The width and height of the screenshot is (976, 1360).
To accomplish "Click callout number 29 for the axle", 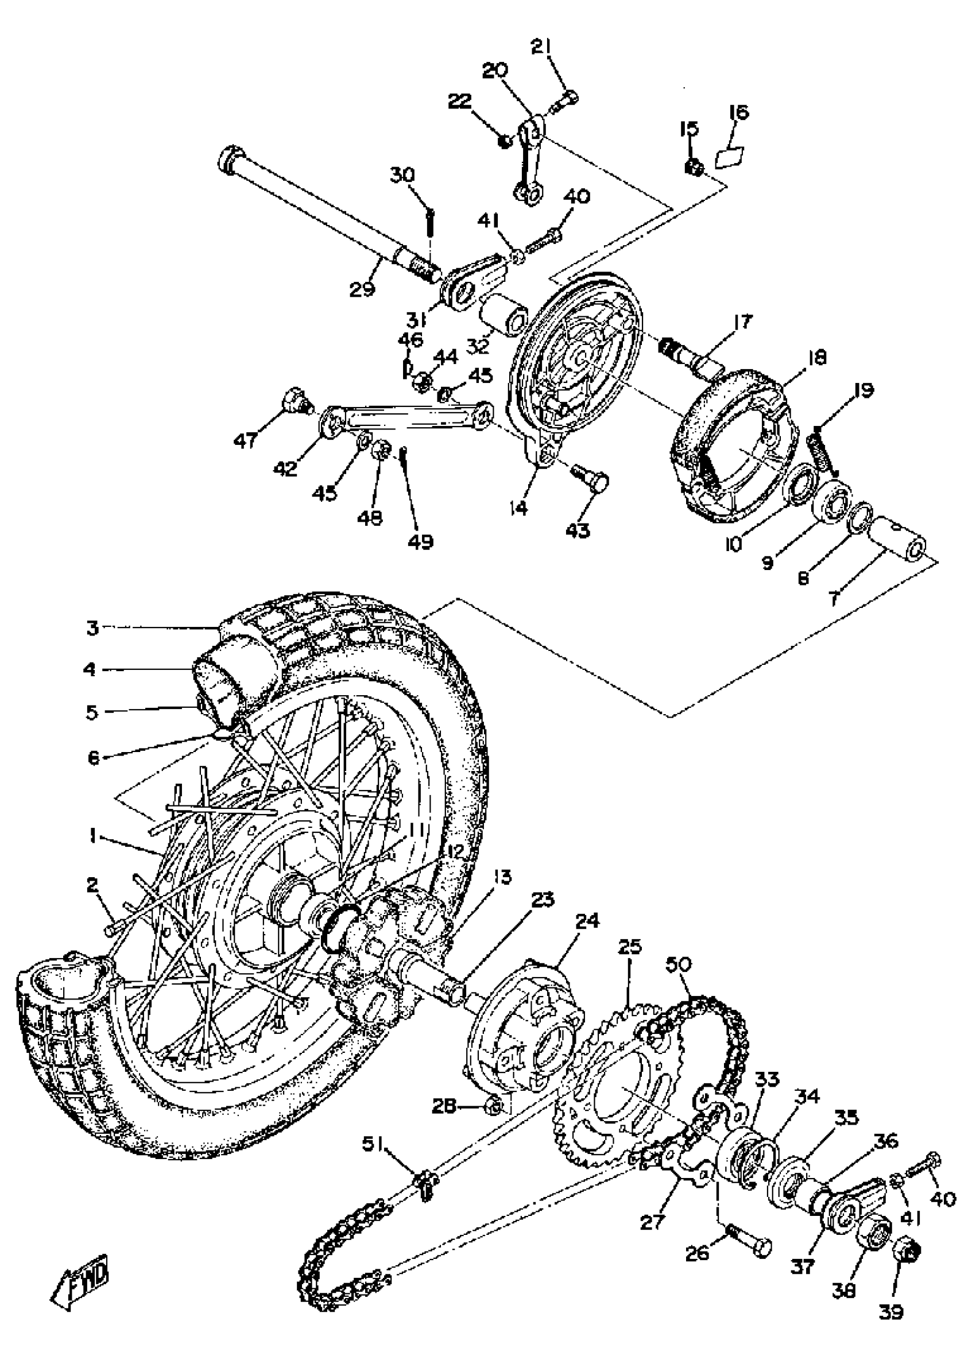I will pyautogui.click(x=363, y=288).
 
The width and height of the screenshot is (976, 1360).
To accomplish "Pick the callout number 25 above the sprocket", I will pyautogui.click(x=629, y=947).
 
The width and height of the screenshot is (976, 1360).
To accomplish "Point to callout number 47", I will pyautogui.click(x=245, y=440).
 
